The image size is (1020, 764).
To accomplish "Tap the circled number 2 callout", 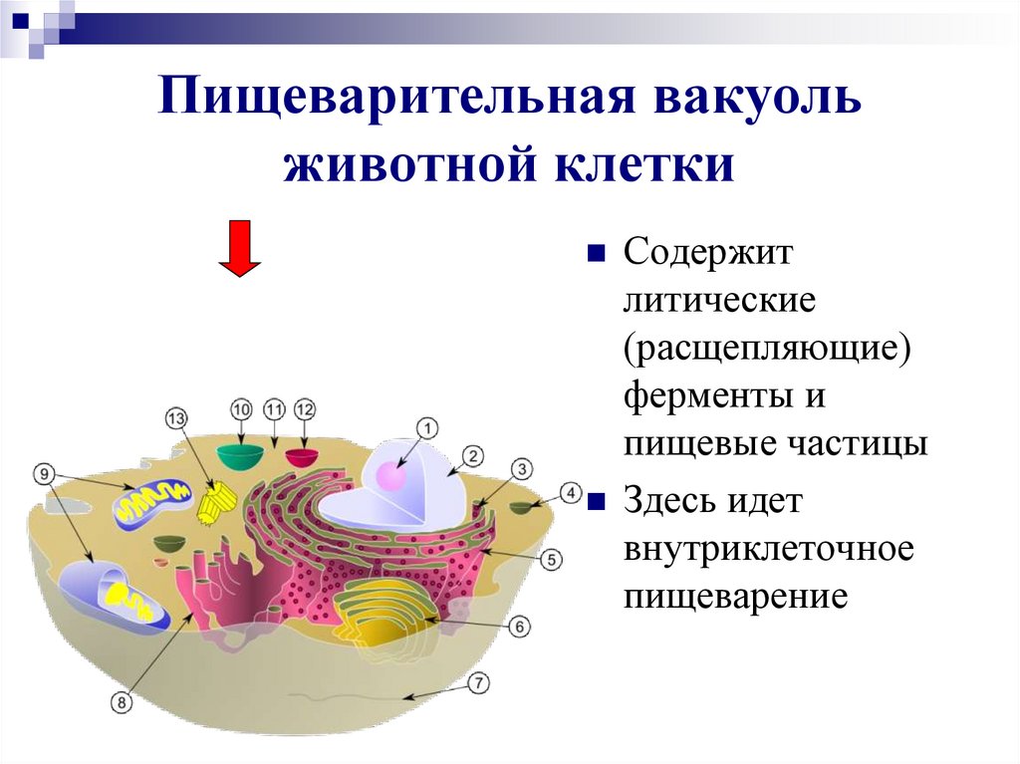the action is click(473, 457).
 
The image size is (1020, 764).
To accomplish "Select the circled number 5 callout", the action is click(552, 561).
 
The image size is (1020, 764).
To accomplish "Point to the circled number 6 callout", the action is click(518, 627).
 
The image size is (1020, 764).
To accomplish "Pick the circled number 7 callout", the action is click(479, 683).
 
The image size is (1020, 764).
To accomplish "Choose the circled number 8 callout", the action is click(122, 703).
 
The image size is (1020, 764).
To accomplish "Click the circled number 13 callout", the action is click(176, 419).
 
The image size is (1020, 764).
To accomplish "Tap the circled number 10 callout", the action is click(241, 409).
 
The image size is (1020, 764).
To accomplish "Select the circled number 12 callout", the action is click(305, 409).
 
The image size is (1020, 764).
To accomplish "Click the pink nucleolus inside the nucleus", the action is click(389, 476).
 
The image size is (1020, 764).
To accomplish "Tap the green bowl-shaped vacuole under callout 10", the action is click(240, 456).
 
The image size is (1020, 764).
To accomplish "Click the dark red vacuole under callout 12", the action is click(302, 456).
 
